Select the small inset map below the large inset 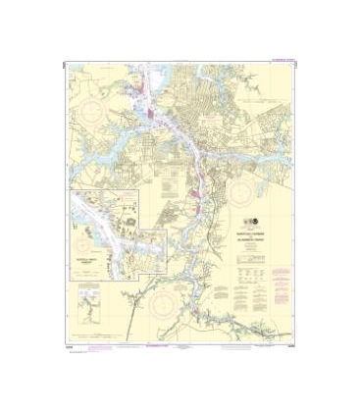click(x=89, y=313)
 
